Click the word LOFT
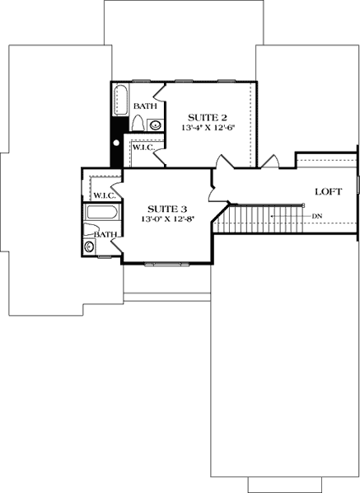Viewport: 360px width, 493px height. [x=328, y=191]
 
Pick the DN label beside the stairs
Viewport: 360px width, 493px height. [x=317, y=216]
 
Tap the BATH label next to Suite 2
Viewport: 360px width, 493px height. [x=145, y=106]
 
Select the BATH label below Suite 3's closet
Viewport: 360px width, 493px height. [x=104, y=235]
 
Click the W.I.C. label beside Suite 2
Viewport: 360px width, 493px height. [x=142, y=147]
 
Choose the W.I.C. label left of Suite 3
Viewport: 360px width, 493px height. [x=103, y=195]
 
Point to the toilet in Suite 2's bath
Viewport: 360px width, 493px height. [x=138, y=125]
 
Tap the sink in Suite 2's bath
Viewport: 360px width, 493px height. [x=156, y=125]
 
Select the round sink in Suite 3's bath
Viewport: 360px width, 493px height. [x=90, y=246]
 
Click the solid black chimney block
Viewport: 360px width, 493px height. [x=117, y=145]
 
